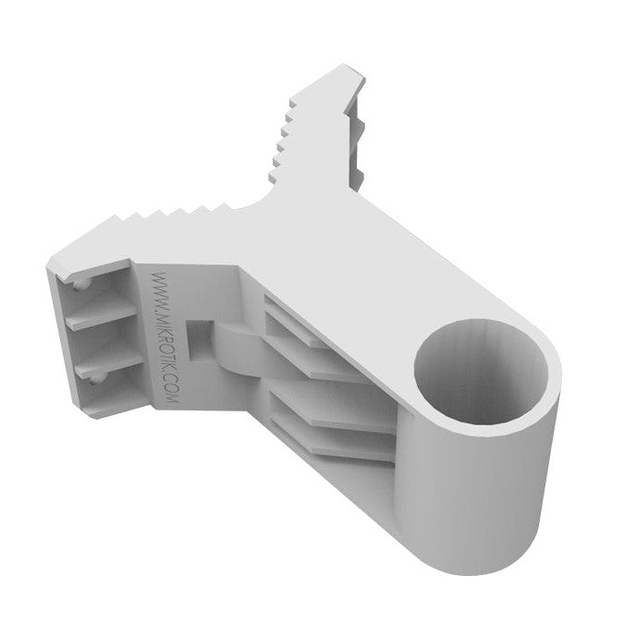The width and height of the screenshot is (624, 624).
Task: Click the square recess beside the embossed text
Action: click(200, 340)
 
